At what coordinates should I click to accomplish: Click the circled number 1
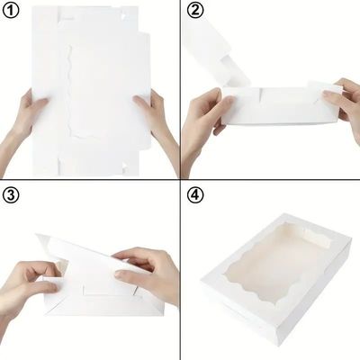point(11,11)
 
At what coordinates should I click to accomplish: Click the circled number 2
point(195,11)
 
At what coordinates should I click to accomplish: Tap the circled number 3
point(11,195)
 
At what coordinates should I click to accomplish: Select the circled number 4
point(195,195)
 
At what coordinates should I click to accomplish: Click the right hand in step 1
point(156,126)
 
